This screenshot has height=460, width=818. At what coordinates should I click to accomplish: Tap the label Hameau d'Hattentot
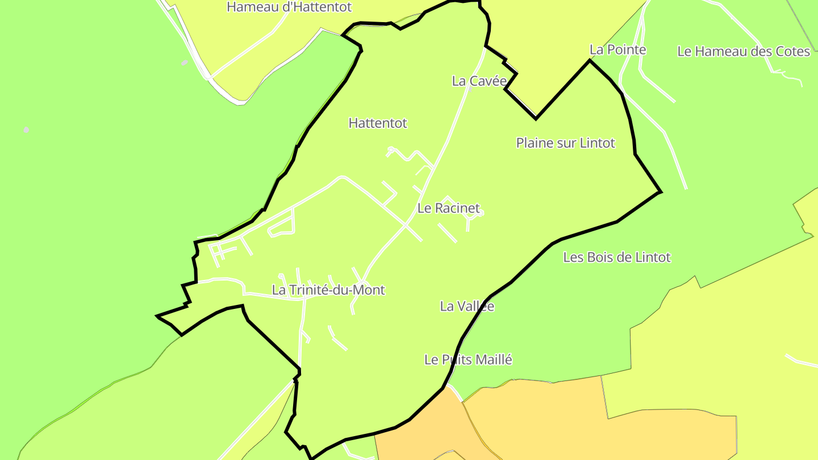(289, 7)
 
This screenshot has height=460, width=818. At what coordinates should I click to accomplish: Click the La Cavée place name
(479, 81)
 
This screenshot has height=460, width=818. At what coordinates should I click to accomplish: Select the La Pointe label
(617, 50)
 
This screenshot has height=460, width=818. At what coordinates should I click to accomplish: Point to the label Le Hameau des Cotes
(743, 52)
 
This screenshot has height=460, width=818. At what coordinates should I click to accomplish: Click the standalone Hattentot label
(378, 123)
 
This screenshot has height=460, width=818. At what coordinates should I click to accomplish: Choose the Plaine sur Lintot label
(565, 143)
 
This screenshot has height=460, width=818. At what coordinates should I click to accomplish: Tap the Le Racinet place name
(448, 208)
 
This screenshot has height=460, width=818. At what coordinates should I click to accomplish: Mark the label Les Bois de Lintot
(616, 258)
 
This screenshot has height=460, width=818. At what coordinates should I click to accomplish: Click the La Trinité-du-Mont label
(328, 290)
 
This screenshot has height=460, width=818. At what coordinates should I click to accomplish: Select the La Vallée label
(467, 307)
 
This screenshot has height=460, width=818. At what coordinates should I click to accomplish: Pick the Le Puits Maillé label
(468, 360)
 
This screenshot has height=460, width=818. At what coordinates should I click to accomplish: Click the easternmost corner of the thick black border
(660, 192)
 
